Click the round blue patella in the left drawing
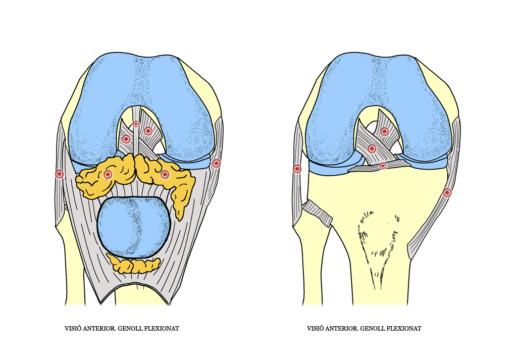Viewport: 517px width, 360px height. point(134,227)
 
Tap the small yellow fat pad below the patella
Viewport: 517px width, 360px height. point(133,264)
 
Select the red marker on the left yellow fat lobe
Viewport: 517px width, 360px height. point(108,174)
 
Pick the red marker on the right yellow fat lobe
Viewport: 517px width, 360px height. point(165,174)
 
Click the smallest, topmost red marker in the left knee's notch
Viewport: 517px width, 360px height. point(136,124)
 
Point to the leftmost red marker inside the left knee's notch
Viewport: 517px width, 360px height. point(126,139)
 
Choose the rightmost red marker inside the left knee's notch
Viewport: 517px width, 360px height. point(148,131)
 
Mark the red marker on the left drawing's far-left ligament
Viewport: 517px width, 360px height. point(60,174)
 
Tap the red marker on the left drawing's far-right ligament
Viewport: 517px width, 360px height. point(216,163)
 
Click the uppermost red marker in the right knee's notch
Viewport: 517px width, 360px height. point(384,132)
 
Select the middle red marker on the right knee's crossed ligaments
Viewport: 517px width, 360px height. point(372,149)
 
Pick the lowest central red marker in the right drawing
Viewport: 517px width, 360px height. point(383,166)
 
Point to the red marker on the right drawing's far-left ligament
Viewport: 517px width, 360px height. point(297,169)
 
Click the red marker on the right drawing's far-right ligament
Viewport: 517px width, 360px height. point(447,192)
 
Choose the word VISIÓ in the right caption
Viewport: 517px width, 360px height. point(315,328)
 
